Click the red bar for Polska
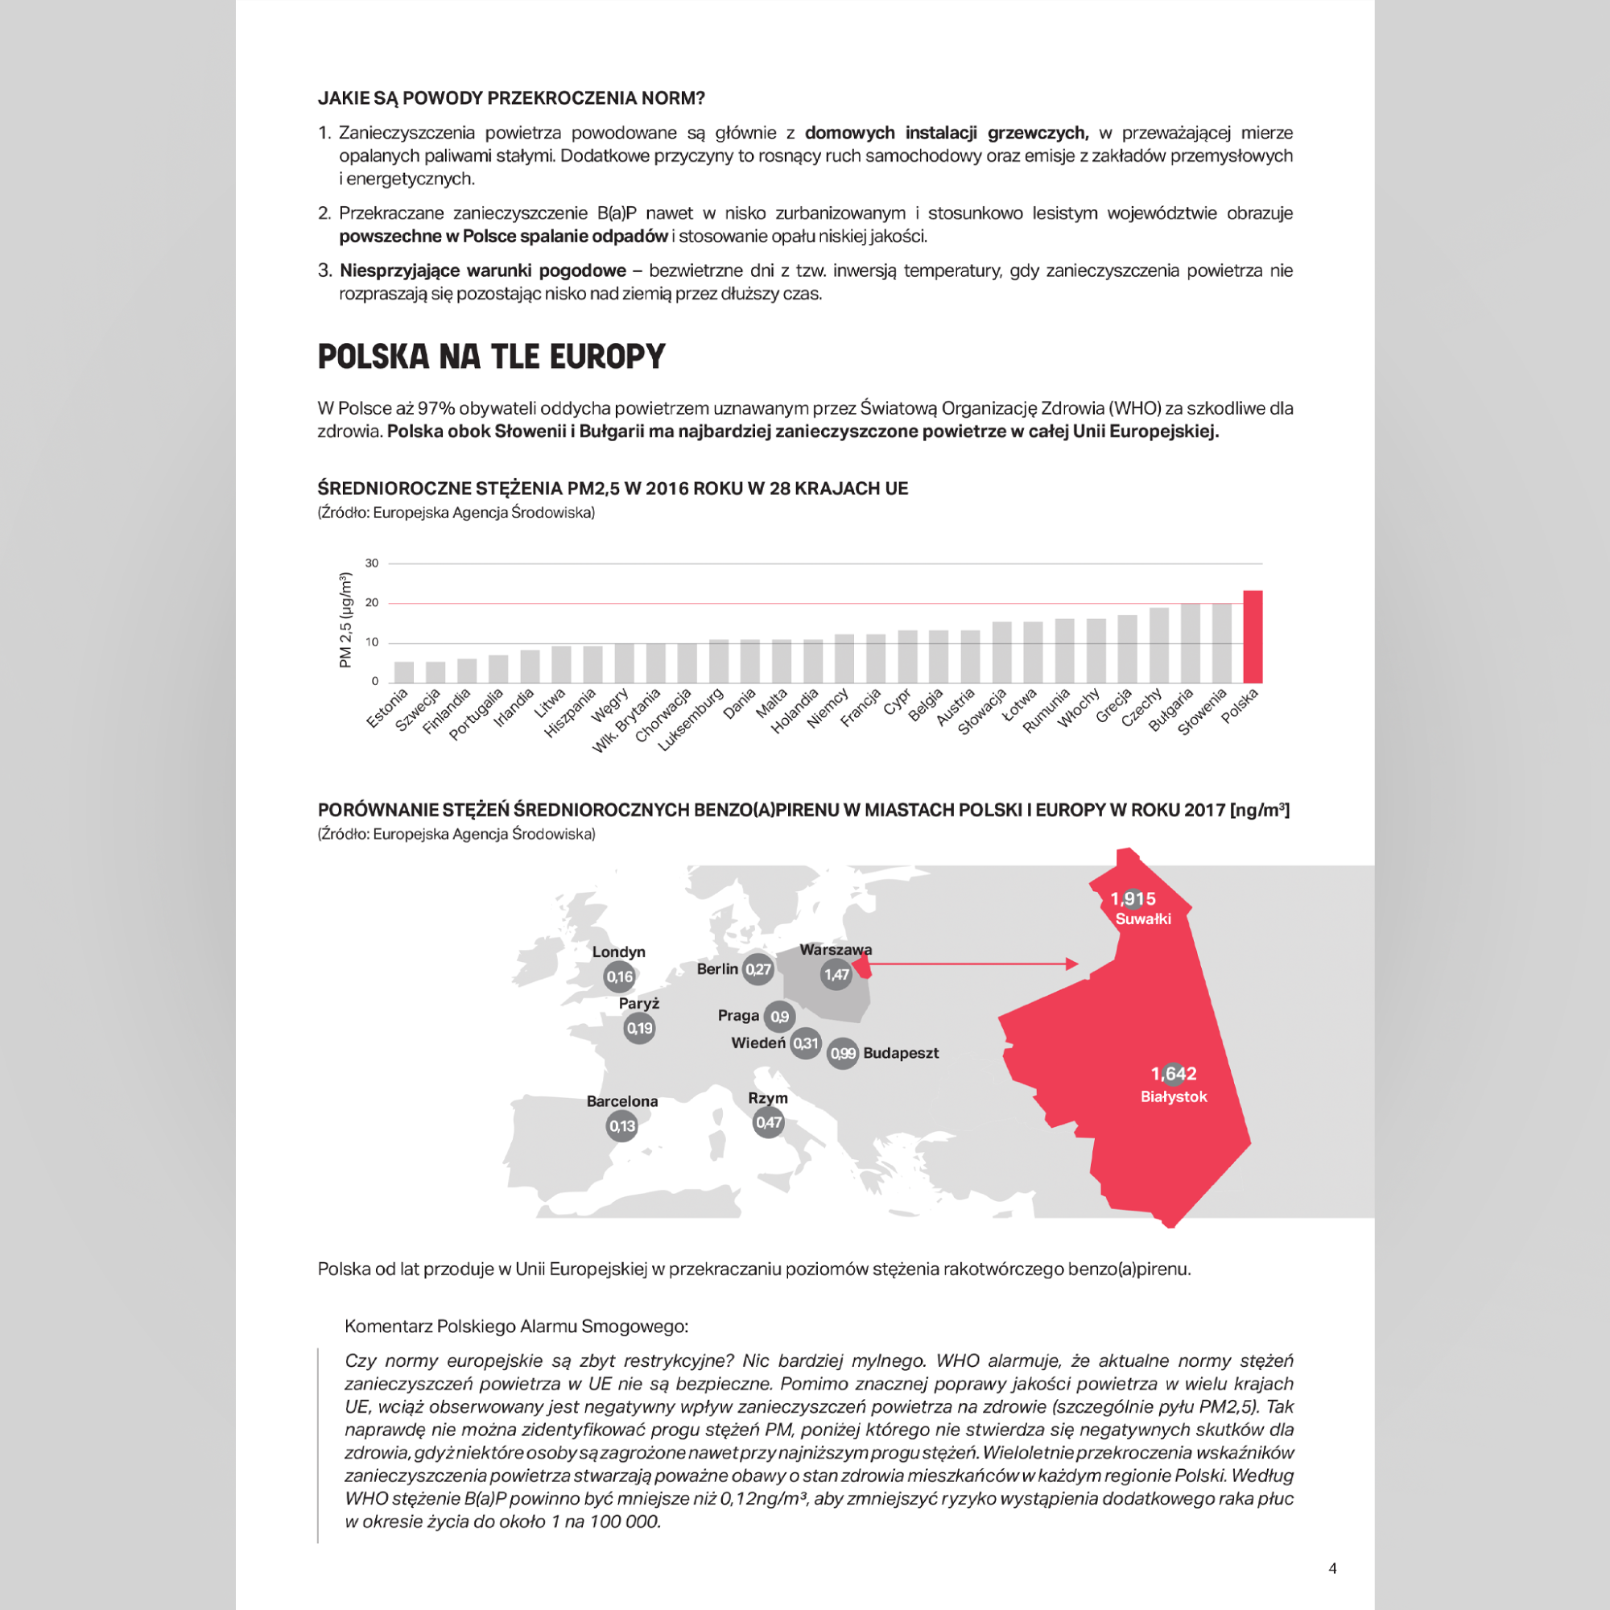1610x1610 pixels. [x=1253, y=637]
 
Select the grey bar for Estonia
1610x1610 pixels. [x=403, y=671]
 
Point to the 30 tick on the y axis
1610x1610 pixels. [x=372, y=563]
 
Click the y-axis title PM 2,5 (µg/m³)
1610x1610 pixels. [x=346, y=620]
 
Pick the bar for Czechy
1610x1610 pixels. [x=1158, y=645]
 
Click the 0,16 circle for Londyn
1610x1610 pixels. [x=619, y=976]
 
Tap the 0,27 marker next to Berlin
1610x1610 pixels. [x=758, y=969]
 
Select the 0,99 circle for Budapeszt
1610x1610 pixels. [x=843, y=1053]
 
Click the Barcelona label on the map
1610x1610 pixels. [x=621, y=1100]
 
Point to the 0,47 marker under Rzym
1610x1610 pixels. [x=768, y=1122]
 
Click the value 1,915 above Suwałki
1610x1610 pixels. [x=1133, y=898]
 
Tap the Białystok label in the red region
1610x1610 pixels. [x=1174, y=1096]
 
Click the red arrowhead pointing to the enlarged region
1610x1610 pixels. [x=1071, y=964]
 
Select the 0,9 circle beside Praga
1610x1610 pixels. [x=779, y=1017]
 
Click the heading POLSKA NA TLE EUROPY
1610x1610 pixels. [x=491, y=357]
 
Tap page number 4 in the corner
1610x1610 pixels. [x=1332, y=1568]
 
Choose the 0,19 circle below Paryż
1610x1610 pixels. [x=639, y=1028]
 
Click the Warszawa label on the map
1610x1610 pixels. [x=835, y=949]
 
